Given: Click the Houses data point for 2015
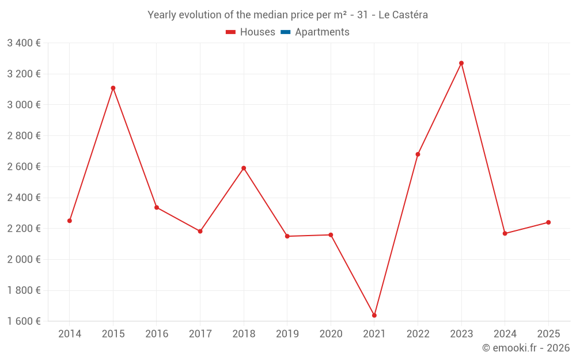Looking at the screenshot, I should click(x=113, y=88).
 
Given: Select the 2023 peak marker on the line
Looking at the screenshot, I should click(x=461, y=63).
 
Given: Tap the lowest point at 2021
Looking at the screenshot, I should click(x=374, y=316).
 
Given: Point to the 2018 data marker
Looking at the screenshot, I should click(x=244, y=168).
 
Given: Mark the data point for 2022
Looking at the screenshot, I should click(x=418, y=154).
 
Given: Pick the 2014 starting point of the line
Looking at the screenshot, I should click(x=70, y=221).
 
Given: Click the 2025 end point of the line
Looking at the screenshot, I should click(x=548, y=222).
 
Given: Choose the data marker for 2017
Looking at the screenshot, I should click(x=200, y=232).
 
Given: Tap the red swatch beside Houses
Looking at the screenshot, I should click(x=231, y=32).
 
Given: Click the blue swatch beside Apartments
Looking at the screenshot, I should click(x=286, y=32).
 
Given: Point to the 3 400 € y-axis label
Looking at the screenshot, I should click(x=24, y=43).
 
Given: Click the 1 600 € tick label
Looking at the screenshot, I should click(x=24, y=321).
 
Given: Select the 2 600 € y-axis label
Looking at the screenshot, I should click(x=24, y=166).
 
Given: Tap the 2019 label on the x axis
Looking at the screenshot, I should click(x=287, y=334).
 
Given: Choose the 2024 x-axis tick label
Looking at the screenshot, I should click(x=505, y=334).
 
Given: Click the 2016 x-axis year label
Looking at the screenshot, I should click(x=157, y=334).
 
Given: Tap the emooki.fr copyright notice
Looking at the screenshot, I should click(x=526, y=348).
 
